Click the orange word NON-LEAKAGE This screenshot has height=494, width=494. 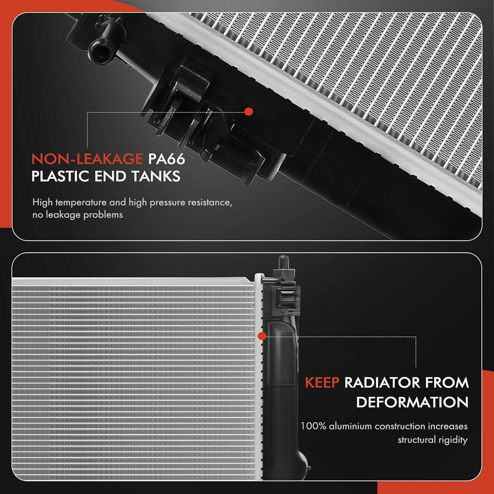tap(87, 159)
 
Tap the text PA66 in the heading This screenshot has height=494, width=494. tap(166, 159)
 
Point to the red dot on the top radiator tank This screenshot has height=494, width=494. tap(249, 112)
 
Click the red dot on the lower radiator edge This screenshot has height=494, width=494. tap(262, 336)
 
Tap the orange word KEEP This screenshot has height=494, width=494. tap(322, 383)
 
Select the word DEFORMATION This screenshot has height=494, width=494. tap(412, 402)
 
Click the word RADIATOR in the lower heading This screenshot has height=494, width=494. tap(382, 383)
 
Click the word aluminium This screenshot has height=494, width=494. tap(350, 426)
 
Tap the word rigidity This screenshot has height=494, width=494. tap(451, 440)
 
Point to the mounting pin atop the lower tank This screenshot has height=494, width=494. tap(282, 262)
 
